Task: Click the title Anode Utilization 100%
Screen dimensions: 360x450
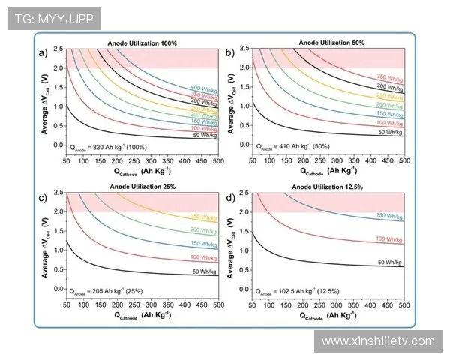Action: pyautogui.click(x=142, y=43)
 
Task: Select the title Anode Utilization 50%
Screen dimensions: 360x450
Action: pyautogui.click(x=329, y=43)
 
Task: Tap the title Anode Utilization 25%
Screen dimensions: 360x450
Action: pyautogui.click(x=142, y=187)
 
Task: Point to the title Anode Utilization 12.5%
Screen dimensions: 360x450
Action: pyautogui.click(x=329, y=187)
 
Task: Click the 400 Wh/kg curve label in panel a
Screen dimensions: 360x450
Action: pyautogui.click(x=205, y=88)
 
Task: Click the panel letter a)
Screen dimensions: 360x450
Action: pyautogui.click(x=43, y=52)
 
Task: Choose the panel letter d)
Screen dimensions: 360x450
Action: pyautogui.click(x=230, y=197)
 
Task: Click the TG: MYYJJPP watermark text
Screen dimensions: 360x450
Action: pyautogui.click(x=50, y=19)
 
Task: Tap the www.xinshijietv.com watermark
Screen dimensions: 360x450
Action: pyautogui.click(x=378, y=341)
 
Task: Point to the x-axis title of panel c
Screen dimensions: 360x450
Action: pyautogui.click(x=142, y=316)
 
